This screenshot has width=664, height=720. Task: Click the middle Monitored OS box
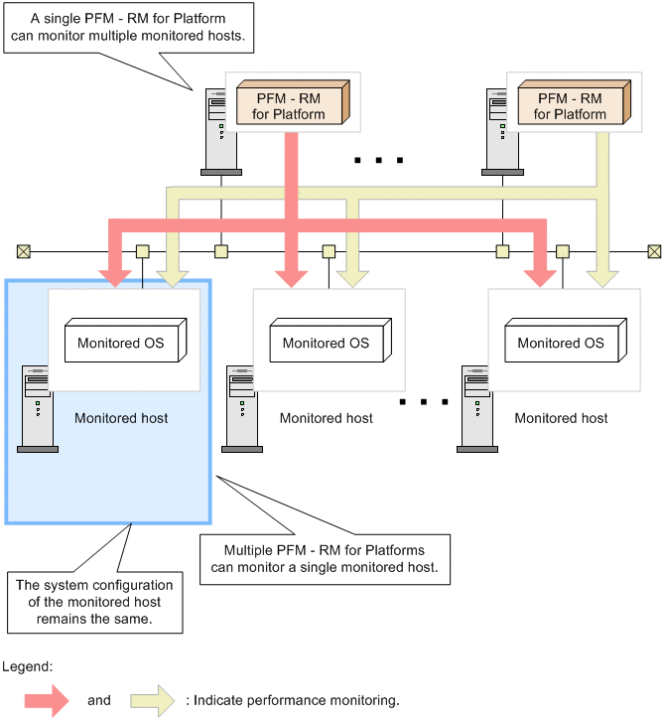pyautogui.click(x=326, y=343)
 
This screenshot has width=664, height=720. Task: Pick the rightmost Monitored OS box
pyautogui.click(x=561, y=343)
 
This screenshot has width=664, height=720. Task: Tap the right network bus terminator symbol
pyautogui.click(x=654, y=250)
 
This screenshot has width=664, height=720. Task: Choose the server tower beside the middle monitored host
pyautogui.click(x=240, y=408)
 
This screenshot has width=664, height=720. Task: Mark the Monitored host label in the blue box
pyautogui.click(x=121, y=418)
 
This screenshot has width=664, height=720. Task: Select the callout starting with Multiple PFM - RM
pyautogui.click(x=325, y=561)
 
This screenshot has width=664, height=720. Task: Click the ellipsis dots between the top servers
pyautogui.click(x=378, y=159)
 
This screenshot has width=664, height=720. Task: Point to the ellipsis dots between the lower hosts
pyautogui.click(x=423, y=402)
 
